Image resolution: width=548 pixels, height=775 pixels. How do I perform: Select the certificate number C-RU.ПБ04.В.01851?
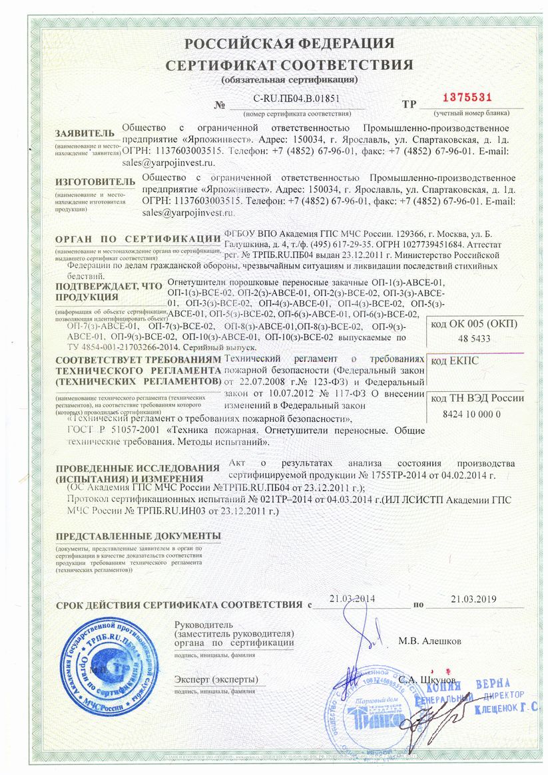[x=297, y=98]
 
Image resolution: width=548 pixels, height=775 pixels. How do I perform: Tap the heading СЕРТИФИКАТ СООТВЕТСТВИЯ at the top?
[x=290, y=65]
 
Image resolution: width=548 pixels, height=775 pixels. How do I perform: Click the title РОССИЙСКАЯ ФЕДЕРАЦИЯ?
[x=290, y=44]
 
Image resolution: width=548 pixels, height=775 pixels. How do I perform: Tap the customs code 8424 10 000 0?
[x=471, y=414]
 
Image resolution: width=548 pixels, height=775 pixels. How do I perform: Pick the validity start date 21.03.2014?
[x=353, y=599]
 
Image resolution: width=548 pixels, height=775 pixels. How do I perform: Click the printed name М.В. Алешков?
[x=429, y=641]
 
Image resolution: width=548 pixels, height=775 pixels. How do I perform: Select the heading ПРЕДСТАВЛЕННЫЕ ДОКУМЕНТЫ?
[x=138, y=536]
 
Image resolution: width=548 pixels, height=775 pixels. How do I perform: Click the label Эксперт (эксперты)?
[x=214, y=679]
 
